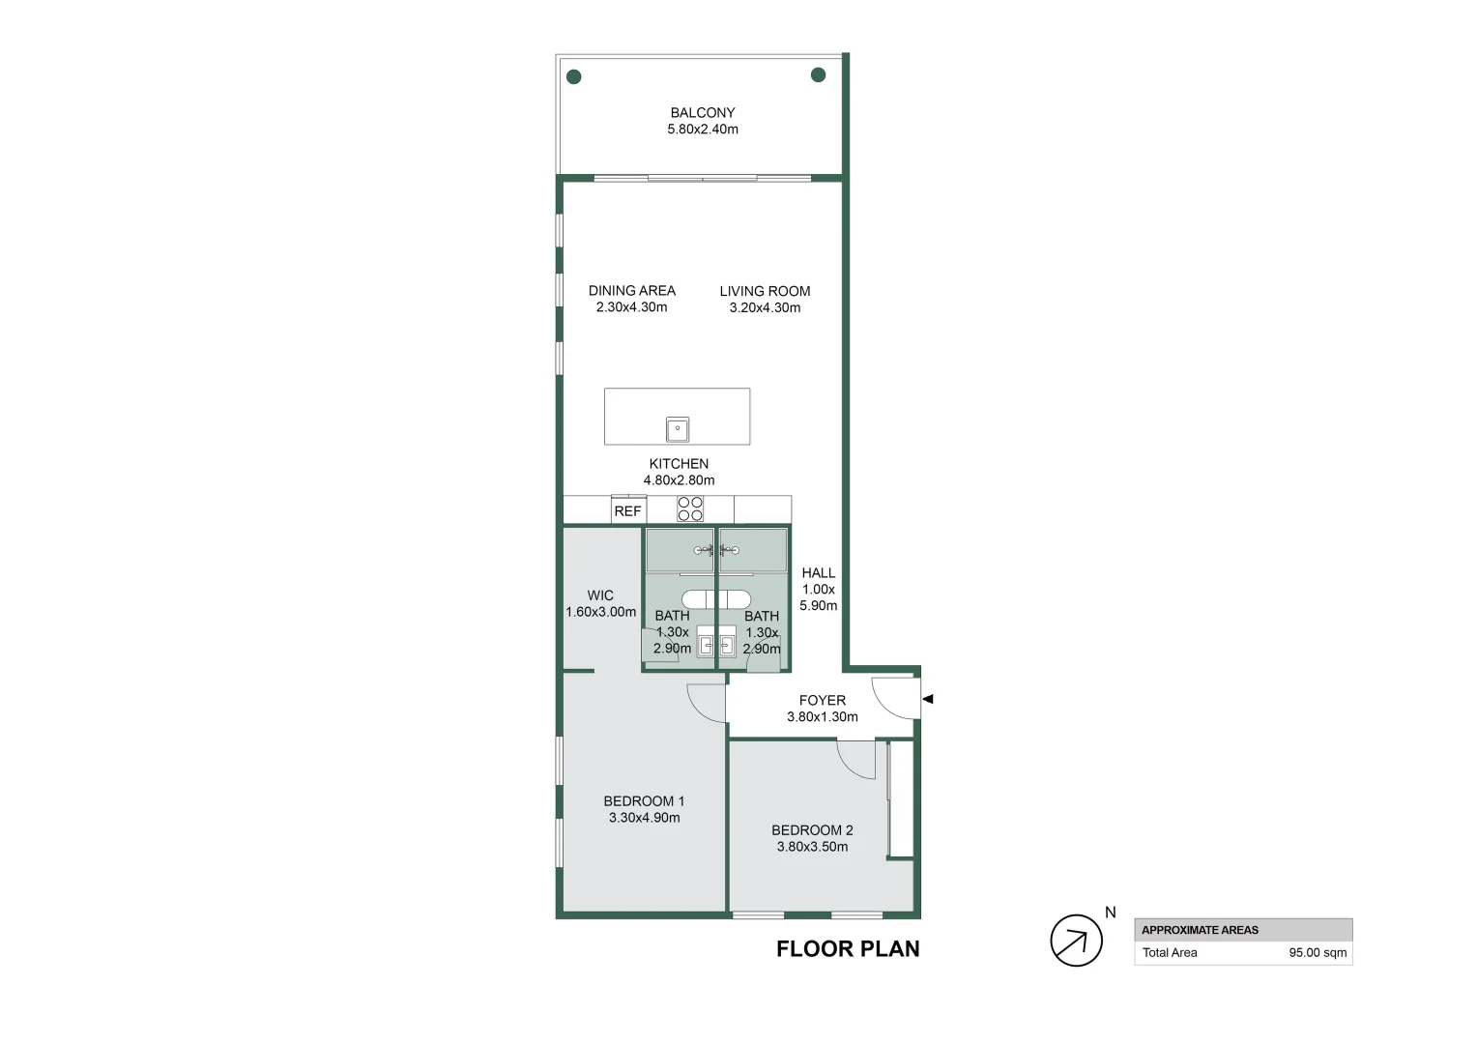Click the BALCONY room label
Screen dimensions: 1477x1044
[702, 113]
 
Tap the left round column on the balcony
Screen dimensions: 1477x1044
[573, 77]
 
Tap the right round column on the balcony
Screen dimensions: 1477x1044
[819, 75]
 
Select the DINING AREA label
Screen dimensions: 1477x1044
[631, 291]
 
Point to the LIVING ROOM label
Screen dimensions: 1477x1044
[765, 292]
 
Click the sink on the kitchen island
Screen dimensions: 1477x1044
[678, 429]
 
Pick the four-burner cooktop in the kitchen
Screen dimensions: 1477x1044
[690, 509]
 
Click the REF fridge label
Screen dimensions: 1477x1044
[627, 511]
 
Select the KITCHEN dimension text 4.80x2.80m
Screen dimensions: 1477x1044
[680, 480]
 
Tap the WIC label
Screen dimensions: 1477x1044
[600, 595]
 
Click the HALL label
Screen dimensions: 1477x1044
[819, 573]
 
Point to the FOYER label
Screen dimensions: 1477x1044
[823, 701]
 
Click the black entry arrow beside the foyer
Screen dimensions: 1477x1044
[928, 699]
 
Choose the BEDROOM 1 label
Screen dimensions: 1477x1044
[644, 801]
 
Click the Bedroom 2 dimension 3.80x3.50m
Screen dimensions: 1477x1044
[812, 847]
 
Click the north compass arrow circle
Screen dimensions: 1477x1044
[1076, 941]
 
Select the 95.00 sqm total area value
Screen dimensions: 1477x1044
[1318, 953]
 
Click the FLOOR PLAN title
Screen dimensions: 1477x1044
[848, 949]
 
